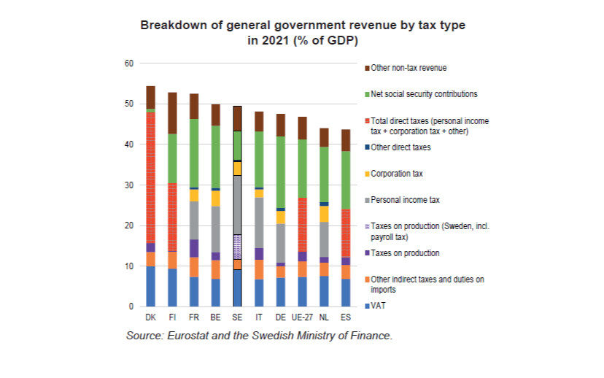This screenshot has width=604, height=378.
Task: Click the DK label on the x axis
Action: click(150, 318)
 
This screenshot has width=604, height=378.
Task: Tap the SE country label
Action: click(237, 318)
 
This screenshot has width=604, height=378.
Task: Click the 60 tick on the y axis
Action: click(130, 63)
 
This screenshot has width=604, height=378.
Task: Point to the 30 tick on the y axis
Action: click(130, 185)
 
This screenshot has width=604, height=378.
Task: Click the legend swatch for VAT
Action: click(366, 306)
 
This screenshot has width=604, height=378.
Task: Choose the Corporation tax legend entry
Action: click(396, 174)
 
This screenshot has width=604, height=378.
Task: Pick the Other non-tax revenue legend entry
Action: click(409, 68)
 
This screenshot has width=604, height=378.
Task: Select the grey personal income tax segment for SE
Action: click(237, 204)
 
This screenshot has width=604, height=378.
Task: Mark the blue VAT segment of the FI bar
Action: click(172, 288)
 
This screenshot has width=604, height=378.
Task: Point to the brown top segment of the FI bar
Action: click(172, 113)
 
